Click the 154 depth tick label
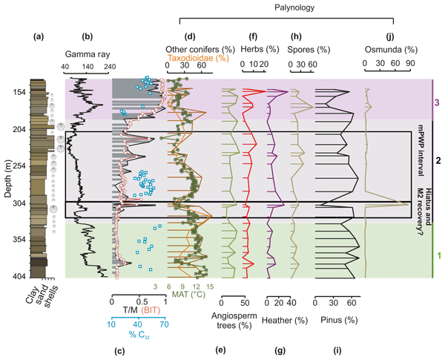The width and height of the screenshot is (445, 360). [x=17, y=92]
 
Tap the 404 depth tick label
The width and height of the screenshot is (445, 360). [x=17, y=277]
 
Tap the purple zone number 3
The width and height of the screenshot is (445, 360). [x=438, y=103]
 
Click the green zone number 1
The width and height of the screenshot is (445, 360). [x=438, y=256]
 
